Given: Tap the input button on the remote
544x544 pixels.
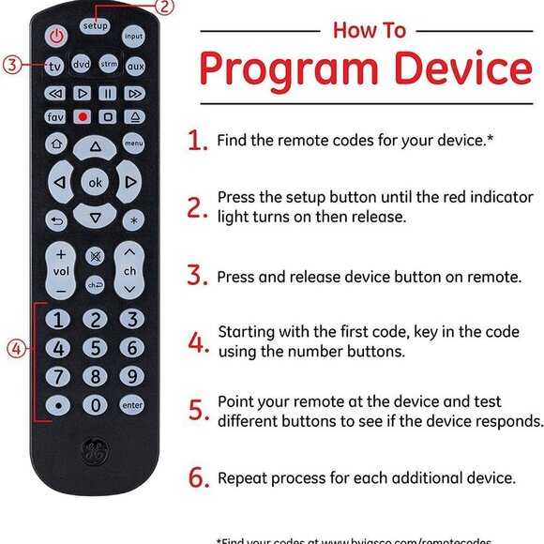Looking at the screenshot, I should [133, 37].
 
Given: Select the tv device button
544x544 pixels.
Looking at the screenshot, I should [54, 66].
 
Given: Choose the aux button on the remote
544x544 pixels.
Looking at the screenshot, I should [135, 66].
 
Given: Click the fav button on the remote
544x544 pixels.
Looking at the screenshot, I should [55, 117].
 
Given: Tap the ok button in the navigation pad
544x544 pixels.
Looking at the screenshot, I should [95, 183].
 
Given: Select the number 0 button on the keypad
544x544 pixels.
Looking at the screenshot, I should [95, 405].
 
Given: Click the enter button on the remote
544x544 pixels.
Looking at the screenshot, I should [132, 405].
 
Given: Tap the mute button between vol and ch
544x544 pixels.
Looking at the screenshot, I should [95, 255].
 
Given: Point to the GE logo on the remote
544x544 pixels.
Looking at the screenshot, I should [95, 448].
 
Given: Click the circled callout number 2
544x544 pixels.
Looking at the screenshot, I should [165, 8].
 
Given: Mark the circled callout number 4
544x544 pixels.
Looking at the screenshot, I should [15, 347].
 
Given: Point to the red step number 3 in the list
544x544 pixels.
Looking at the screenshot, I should [197, 276].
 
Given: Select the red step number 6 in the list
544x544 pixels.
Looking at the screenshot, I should [198, 477].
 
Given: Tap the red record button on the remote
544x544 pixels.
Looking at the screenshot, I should [82, 117].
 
